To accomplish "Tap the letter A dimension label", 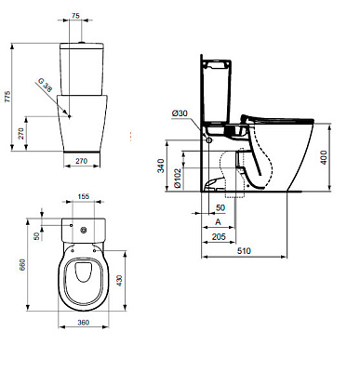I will [218, 224].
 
